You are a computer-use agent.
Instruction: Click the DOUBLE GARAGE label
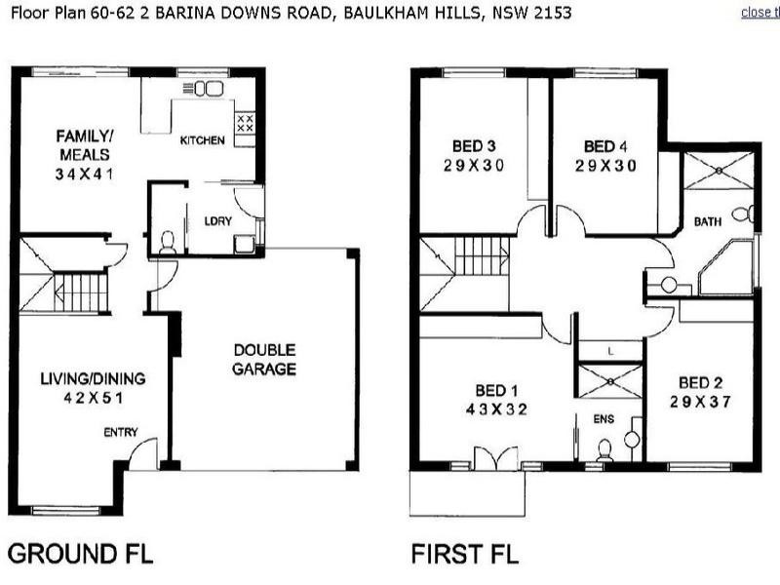263,359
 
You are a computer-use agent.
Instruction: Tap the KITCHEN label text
203,141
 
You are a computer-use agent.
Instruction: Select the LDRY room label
218,220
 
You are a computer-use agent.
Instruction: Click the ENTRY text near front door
122,432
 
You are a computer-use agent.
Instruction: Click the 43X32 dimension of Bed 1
496,409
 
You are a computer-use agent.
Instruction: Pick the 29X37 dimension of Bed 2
699,401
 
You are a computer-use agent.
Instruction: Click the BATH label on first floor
707,222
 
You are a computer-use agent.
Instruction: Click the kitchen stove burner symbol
246,124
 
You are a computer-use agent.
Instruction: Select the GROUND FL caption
80,556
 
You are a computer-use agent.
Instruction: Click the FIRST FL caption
465,556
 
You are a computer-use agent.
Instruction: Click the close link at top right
760,13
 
